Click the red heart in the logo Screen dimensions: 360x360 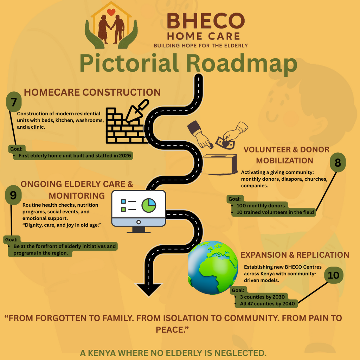111,12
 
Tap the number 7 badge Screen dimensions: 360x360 14,102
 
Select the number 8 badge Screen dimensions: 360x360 338,162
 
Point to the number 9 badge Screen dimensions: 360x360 13,195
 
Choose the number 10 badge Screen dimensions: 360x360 334,275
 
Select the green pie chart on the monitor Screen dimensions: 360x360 149,205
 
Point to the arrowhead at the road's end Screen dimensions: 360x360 149,290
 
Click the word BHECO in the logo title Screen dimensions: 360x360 206,21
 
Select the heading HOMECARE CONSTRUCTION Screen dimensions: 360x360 92,92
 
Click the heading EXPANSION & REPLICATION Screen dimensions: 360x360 295,255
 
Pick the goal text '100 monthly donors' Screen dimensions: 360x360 261,206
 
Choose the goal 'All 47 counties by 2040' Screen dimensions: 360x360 267,304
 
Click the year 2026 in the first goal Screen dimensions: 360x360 125,156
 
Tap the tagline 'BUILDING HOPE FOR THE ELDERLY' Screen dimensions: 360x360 201,46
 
